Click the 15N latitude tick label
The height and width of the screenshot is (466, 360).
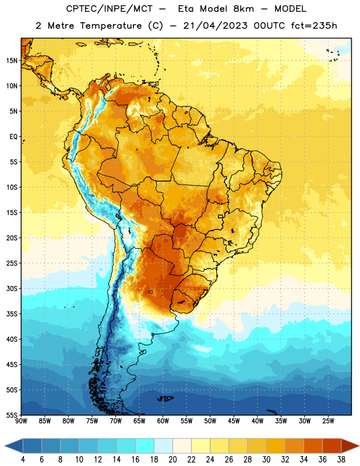(x=12, y=61)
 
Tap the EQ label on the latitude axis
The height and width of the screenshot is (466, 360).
(x=13, y=137)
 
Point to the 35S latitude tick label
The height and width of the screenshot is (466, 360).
(x=12, y=314)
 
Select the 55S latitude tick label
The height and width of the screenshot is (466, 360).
(x=12, y=415)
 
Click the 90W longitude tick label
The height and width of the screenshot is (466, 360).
(x=21, y=421)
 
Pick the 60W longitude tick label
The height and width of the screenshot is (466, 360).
(x=163, y=421)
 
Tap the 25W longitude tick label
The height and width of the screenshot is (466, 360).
(x=328, y=421)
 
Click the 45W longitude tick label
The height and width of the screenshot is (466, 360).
(x=234, y=421)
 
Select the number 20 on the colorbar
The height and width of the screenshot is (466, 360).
(x=172, y=460)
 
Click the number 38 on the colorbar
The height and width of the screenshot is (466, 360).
(x=341, y=460)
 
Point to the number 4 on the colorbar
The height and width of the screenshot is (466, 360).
(x=23, y=460)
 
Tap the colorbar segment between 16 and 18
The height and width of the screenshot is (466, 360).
(x=145, y=446)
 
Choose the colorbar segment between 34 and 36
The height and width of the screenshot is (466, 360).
(x=313, y=446)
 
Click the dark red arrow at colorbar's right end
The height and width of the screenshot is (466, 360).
(x=350, y=446)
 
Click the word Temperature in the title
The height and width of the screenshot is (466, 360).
(x=111, y=26)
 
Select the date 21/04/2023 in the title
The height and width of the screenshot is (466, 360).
(x=215, y=26)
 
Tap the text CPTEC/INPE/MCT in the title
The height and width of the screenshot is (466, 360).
(x=110, y=9)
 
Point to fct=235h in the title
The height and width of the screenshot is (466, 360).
(x=314, y=26)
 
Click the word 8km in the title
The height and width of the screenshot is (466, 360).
(x=244, y=9)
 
